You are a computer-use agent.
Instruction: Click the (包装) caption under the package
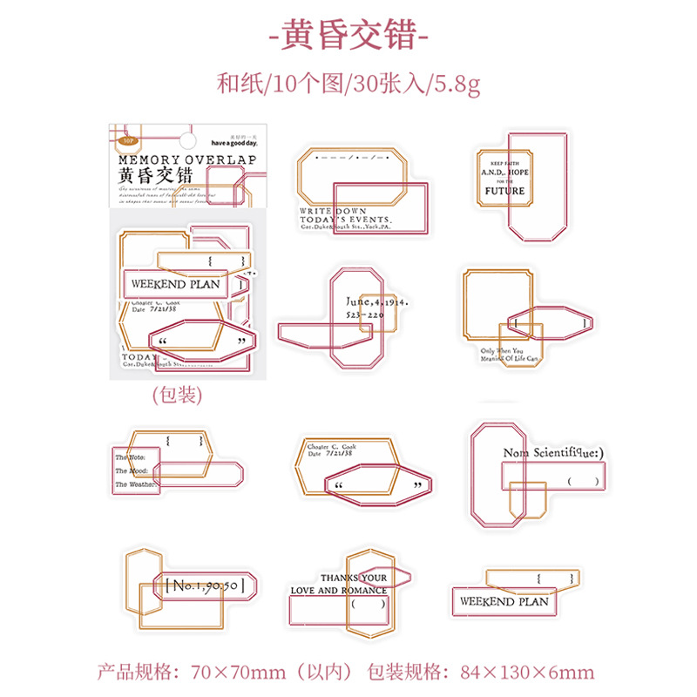177,395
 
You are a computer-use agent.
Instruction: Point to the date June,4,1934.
371,301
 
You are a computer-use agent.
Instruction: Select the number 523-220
364,314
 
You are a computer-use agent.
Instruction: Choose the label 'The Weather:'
135,484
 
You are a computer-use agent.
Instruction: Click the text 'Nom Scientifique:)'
553,453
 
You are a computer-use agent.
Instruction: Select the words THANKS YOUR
354,577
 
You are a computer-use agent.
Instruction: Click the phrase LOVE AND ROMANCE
339,591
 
